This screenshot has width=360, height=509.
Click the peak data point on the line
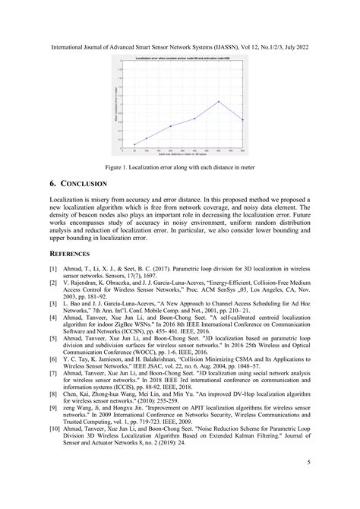[x=219, y=101]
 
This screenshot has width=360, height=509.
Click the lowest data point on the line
[x=134, y=144]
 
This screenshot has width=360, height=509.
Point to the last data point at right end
[x=243, y=119]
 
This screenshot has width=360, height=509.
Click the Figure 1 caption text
[x=179, y=166]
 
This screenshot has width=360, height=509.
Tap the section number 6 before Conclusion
[x=52, y=185]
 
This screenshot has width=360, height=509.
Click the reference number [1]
[x=53, y=268]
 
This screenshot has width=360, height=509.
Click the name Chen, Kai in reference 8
[x=74, y=396]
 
